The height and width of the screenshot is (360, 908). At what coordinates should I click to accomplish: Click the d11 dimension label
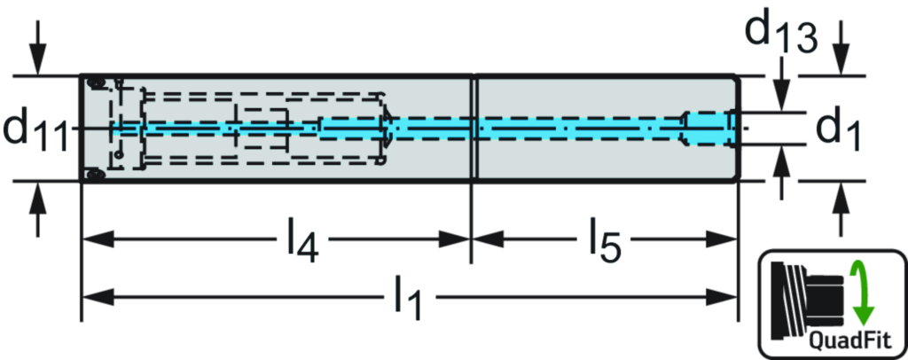point(36,129)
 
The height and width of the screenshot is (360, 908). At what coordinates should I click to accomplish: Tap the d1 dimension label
point(839,129)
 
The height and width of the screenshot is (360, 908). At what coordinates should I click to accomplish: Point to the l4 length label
point(301,240)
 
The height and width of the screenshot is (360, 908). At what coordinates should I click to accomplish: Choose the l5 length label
point(605,240)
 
